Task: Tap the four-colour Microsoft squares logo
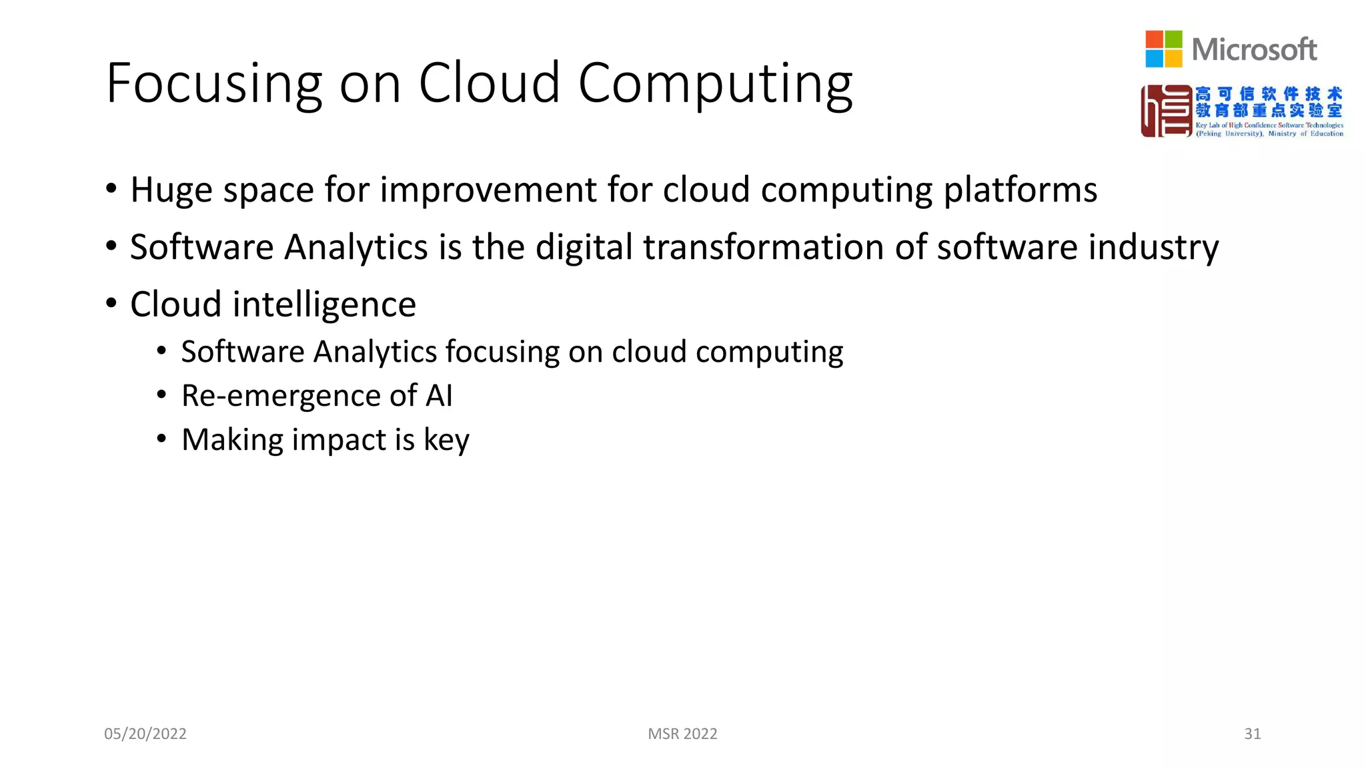pyautogui.click(x=1163, y=49)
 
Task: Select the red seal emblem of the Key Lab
pyautogui.click(x=1166, y=111)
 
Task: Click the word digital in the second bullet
pyautogui.click(x=584, y=247)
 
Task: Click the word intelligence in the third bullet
pyautogui.click(x=324, y=305)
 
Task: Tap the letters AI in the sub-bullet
pyautogui.click(x=439, y=395)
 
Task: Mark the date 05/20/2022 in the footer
pyautogui.click(x=145, y=734)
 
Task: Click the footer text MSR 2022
pyautogui.click(x=682, y=734)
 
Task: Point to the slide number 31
pyautogui.click(x=1252, y=734)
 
